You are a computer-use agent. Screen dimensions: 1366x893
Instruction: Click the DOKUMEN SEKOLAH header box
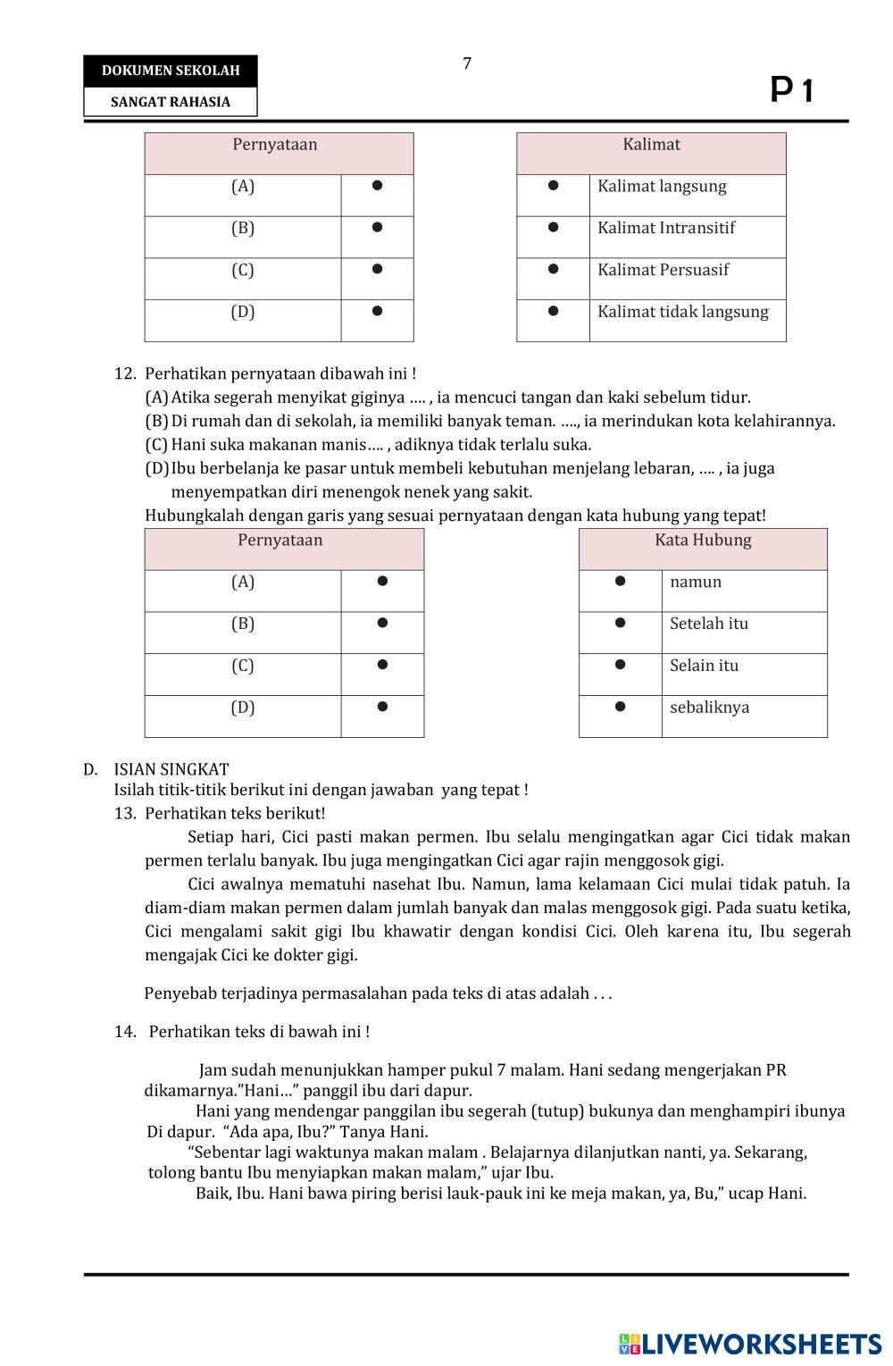[171, 71]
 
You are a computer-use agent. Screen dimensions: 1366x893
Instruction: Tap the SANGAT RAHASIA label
[171, 102]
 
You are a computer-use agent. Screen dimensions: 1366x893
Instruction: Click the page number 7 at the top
[467, 63]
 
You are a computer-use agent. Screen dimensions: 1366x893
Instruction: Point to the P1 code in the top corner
[792, 90]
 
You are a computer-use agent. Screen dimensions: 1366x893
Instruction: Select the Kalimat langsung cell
[662, 187]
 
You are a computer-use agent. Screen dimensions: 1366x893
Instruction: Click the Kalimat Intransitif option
[666, 228]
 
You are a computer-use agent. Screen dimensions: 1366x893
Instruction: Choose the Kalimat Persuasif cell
[663, 270]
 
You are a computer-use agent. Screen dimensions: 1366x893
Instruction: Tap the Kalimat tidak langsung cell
[682, 312]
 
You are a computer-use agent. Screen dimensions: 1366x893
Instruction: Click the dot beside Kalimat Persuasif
[553, 269]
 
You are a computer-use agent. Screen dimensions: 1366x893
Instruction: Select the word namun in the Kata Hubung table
[696, 582]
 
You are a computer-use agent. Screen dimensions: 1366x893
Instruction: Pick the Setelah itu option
[709, 624]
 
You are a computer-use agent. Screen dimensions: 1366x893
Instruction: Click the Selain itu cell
[704, 666]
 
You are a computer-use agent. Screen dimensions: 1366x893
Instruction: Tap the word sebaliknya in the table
[709, 708]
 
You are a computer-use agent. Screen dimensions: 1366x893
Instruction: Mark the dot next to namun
[620, 581]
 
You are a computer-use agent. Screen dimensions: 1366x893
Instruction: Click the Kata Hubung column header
[703, 541]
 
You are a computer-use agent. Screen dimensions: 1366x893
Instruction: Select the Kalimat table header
[651, 145]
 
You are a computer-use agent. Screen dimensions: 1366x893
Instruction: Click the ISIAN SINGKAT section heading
[171, 769]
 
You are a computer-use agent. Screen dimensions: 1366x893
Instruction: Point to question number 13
[124, 814]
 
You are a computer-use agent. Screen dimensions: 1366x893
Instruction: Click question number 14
[124, 1032]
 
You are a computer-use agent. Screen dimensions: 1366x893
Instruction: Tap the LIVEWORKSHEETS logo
[749, 1345]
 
